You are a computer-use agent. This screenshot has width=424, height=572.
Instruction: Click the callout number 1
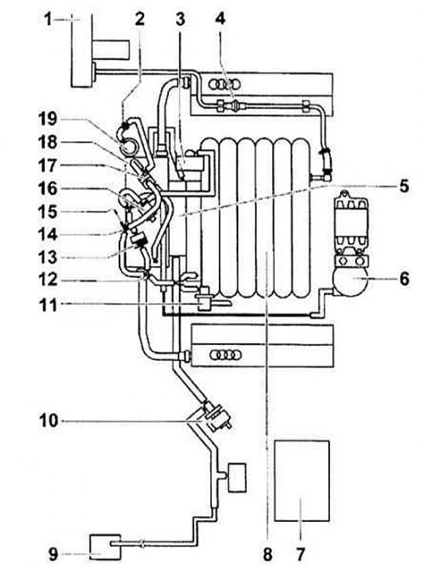(48, 19)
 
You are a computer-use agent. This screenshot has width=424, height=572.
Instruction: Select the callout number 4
(220, 19)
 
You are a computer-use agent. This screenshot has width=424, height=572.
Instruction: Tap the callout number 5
(404, 186)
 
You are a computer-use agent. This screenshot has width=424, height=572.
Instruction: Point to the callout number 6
(404, 279)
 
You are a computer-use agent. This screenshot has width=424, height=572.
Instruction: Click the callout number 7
(300, 554)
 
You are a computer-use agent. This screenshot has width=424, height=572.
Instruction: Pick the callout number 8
(268, 554)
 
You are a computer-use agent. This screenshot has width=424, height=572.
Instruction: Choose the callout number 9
(53, 554)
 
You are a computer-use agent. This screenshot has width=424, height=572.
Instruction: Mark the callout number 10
(48, 420)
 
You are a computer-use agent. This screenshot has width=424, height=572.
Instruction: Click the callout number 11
(48, 305)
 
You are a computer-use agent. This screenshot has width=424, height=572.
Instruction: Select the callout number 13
(47, 258)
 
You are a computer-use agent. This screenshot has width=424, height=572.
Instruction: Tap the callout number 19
(47, 119)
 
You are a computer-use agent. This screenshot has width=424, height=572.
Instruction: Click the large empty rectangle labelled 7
(302, 480)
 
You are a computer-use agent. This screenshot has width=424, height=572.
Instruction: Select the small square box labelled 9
(105, 547)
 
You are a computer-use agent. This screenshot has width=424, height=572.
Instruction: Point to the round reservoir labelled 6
(350, 279)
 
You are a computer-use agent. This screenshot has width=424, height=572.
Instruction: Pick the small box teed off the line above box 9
(237, 478)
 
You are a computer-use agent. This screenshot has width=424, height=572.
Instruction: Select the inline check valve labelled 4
(232, 105)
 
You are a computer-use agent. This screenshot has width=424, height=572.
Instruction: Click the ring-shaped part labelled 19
(128, 143)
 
